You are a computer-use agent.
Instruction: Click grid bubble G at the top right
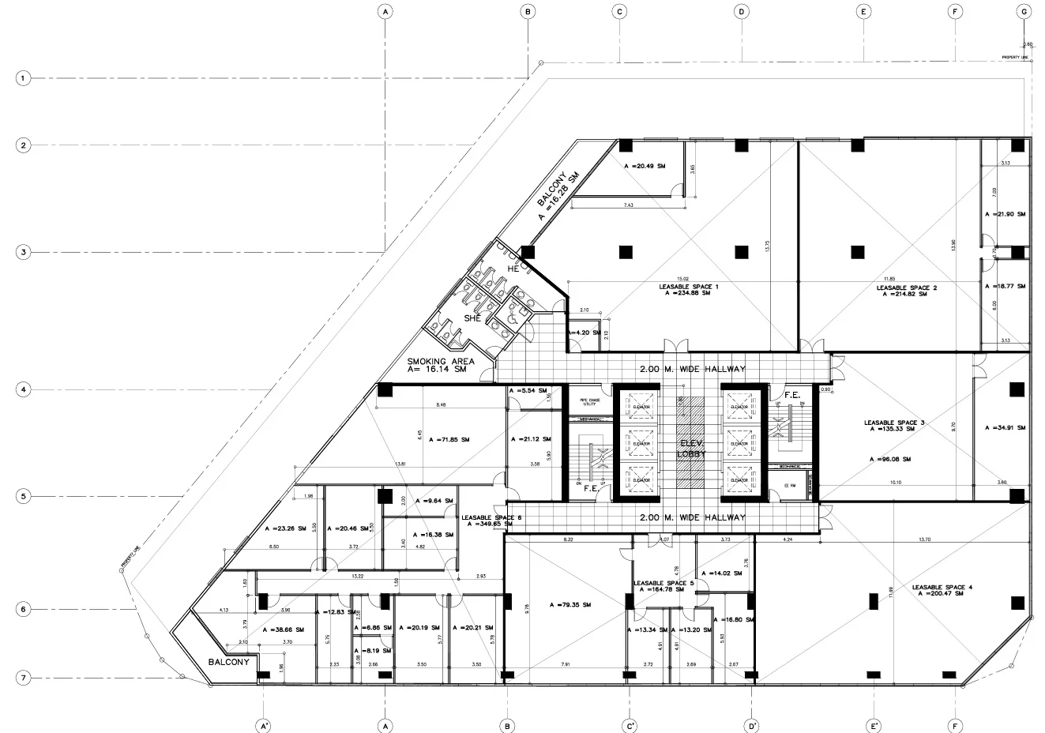1024,12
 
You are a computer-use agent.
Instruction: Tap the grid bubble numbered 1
24,79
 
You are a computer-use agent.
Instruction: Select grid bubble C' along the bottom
630,725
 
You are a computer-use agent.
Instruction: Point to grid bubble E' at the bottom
873,725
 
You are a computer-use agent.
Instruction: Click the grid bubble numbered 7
24,678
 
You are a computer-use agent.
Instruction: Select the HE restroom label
513,269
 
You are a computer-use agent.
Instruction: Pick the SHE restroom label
472,318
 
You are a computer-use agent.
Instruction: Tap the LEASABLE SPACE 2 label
906,288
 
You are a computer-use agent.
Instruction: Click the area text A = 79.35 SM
570,605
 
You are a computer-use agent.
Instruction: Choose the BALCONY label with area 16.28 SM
558,196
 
